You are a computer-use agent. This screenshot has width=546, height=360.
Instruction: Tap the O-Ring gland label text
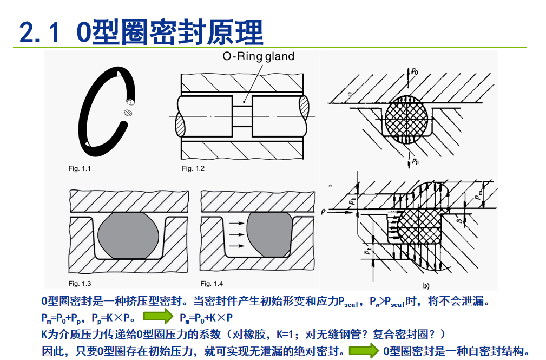(x=259, y=56)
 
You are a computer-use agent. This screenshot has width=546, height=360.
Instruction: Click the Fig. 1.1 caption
(x=80, y=169)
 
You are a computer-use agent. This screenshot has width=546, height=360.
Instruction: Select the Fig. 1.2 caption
(x=193, y=169)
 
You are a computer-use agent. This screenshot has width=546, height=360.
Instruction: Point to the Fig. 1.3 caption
(x=80, y=284)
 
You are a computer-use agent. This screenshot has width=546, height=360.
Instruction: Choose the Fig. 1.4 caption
(x=212, y=284)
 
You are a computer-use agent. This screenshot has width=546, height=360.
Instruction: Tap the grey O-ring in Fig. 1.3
(x=129, y=234)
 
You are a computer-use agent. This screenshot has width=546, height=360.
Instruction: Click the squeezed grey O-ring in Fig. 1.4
(x=267, y=234)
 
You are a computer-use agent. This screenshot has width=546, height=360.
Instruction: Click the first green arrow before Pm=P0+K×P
(x=157, y=317)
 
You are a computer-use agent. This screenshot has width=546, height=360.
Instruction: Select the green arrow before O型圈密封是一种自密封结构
(x=363, y=351)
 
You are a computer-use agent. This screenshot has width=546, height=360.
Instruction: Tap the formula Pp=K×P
(x=113, y=318)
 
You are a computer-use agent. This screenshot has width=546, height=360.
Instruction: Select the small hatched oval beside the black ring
(x=128, y=113)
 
